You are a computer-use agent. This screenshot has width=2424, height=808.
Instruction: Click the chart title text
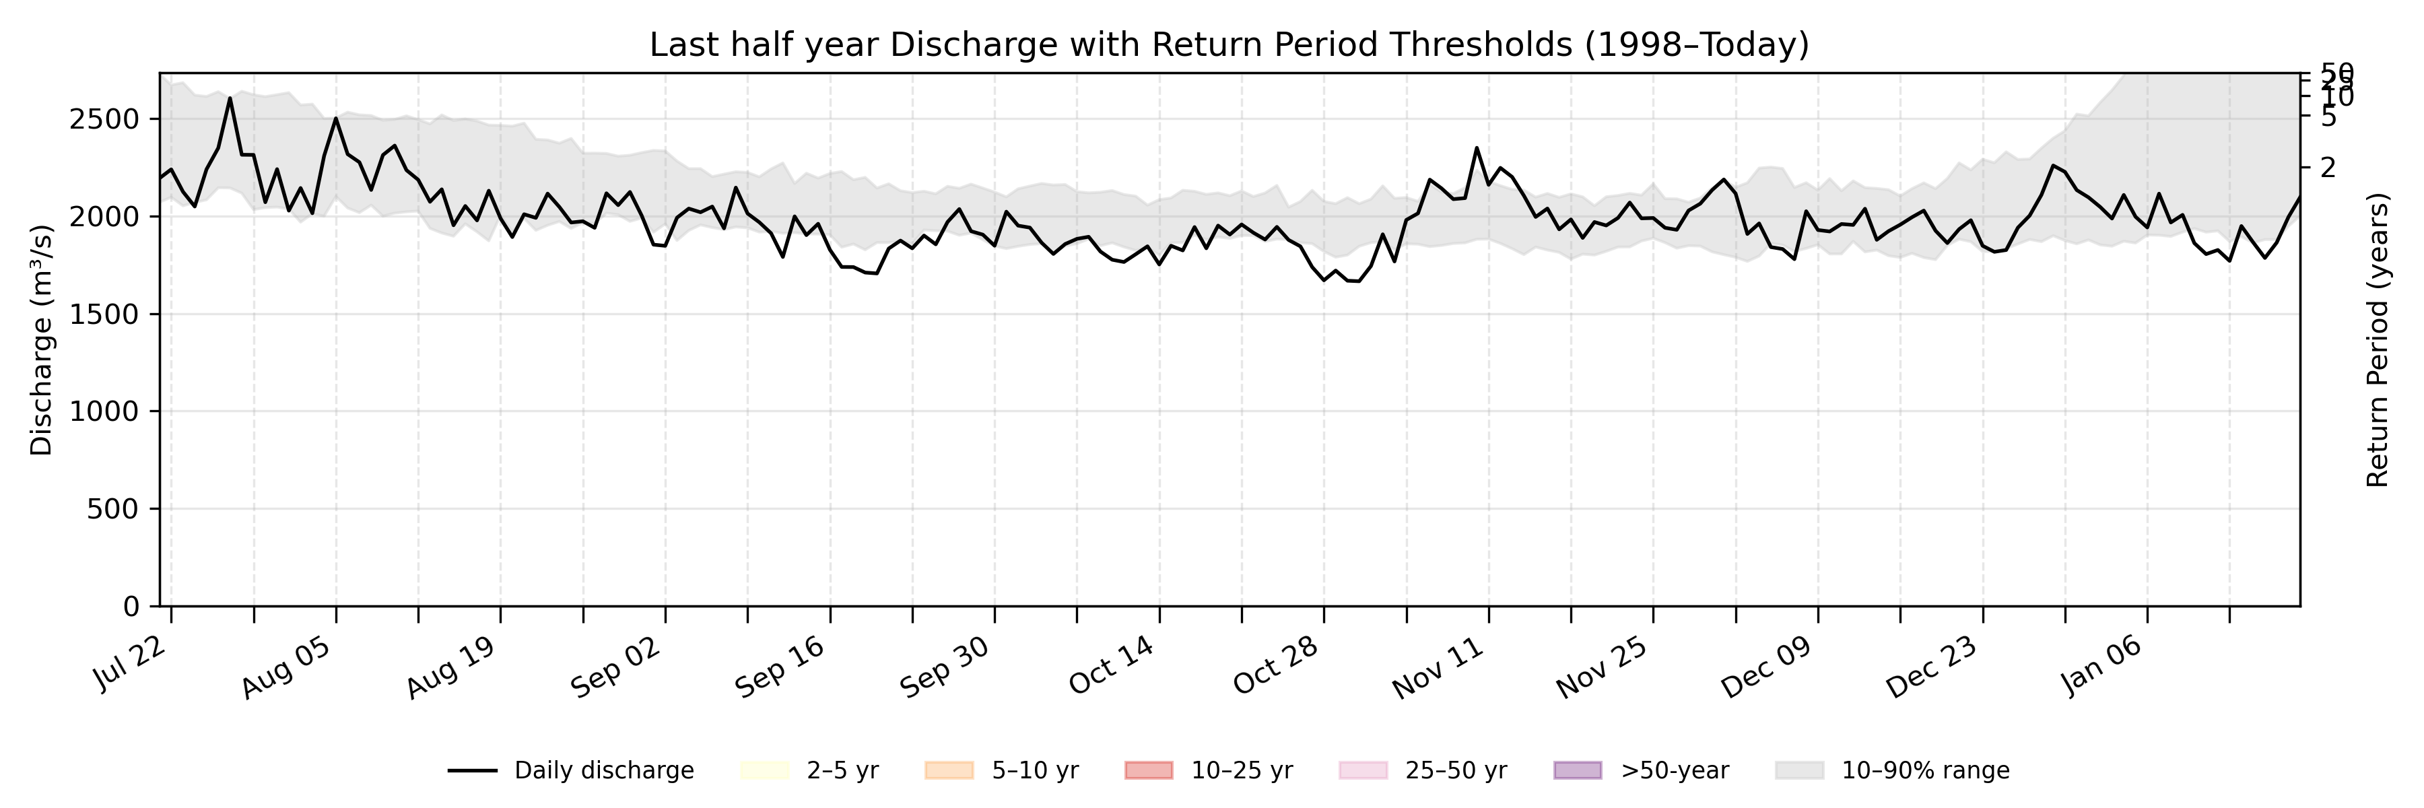[1229, 45]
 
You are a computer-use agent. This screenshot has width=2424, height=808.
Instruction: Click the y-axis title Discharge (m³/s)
[41, 339]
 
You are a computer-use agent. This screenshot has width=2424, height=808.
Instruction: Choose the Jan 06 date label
[2102, 666]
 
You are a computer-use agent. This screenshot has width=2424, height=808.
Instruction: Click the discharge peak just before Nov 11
[1477, 147]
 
